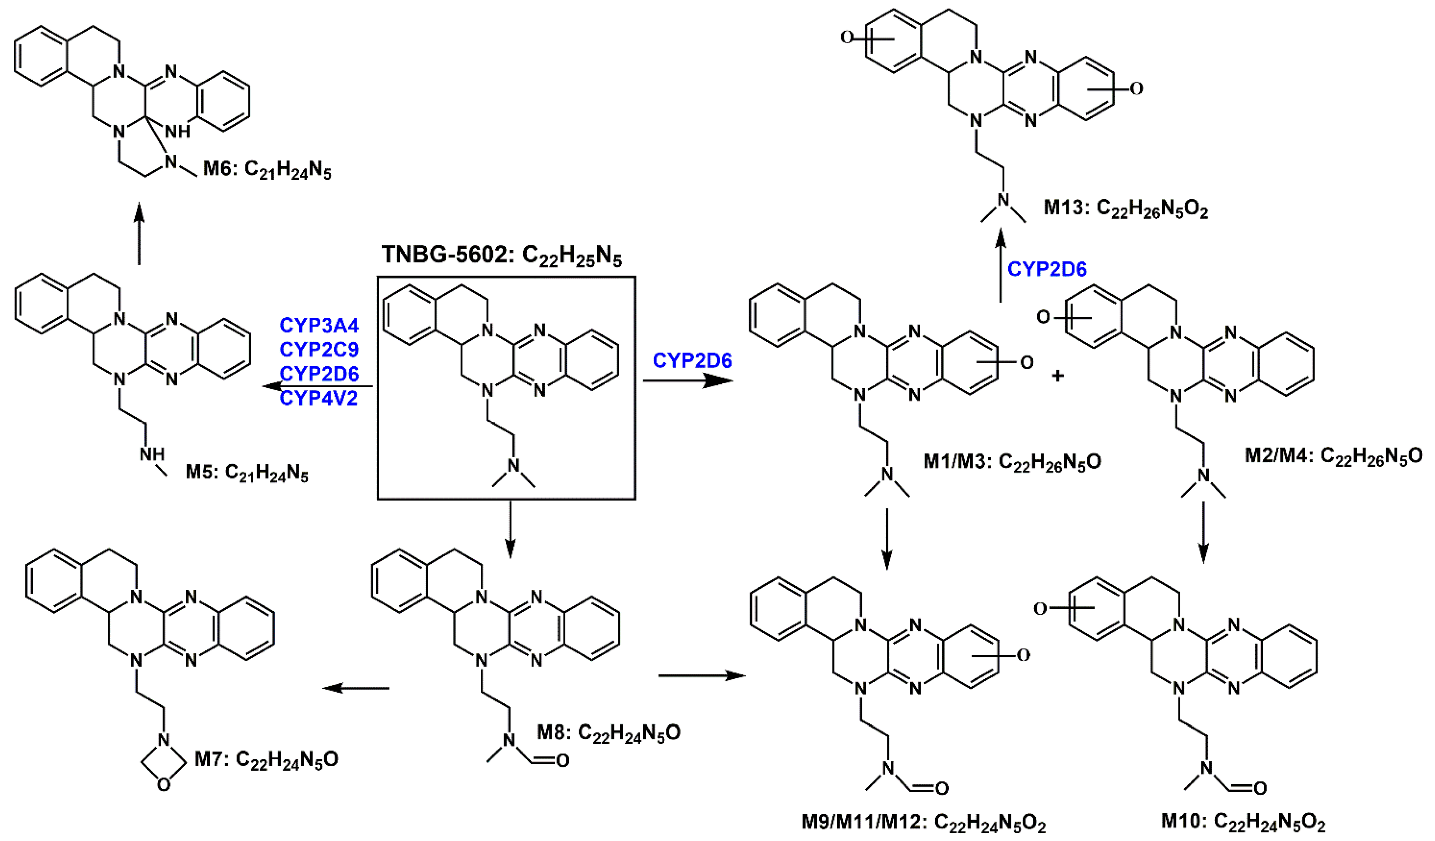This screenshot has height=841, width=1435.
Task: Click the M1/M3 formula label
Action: tap(1012, 462)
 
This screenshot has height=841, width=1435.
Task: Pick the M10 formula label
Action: tap(1243, 822)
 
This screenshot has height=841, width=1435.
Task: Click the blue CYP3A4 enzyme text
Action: tap(319, 325)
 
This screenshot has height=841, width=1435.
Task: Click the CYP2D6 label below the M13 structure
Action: tap(1047, 269)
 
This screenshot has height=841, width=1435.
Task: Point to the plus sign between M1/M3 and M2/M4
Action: tap(1058, 376)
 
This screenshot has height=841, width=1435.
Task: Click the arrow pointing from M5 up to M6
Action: tap(139, 235)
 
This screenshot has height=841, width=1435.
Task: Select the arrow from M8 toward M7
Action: tap(356, 688)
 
